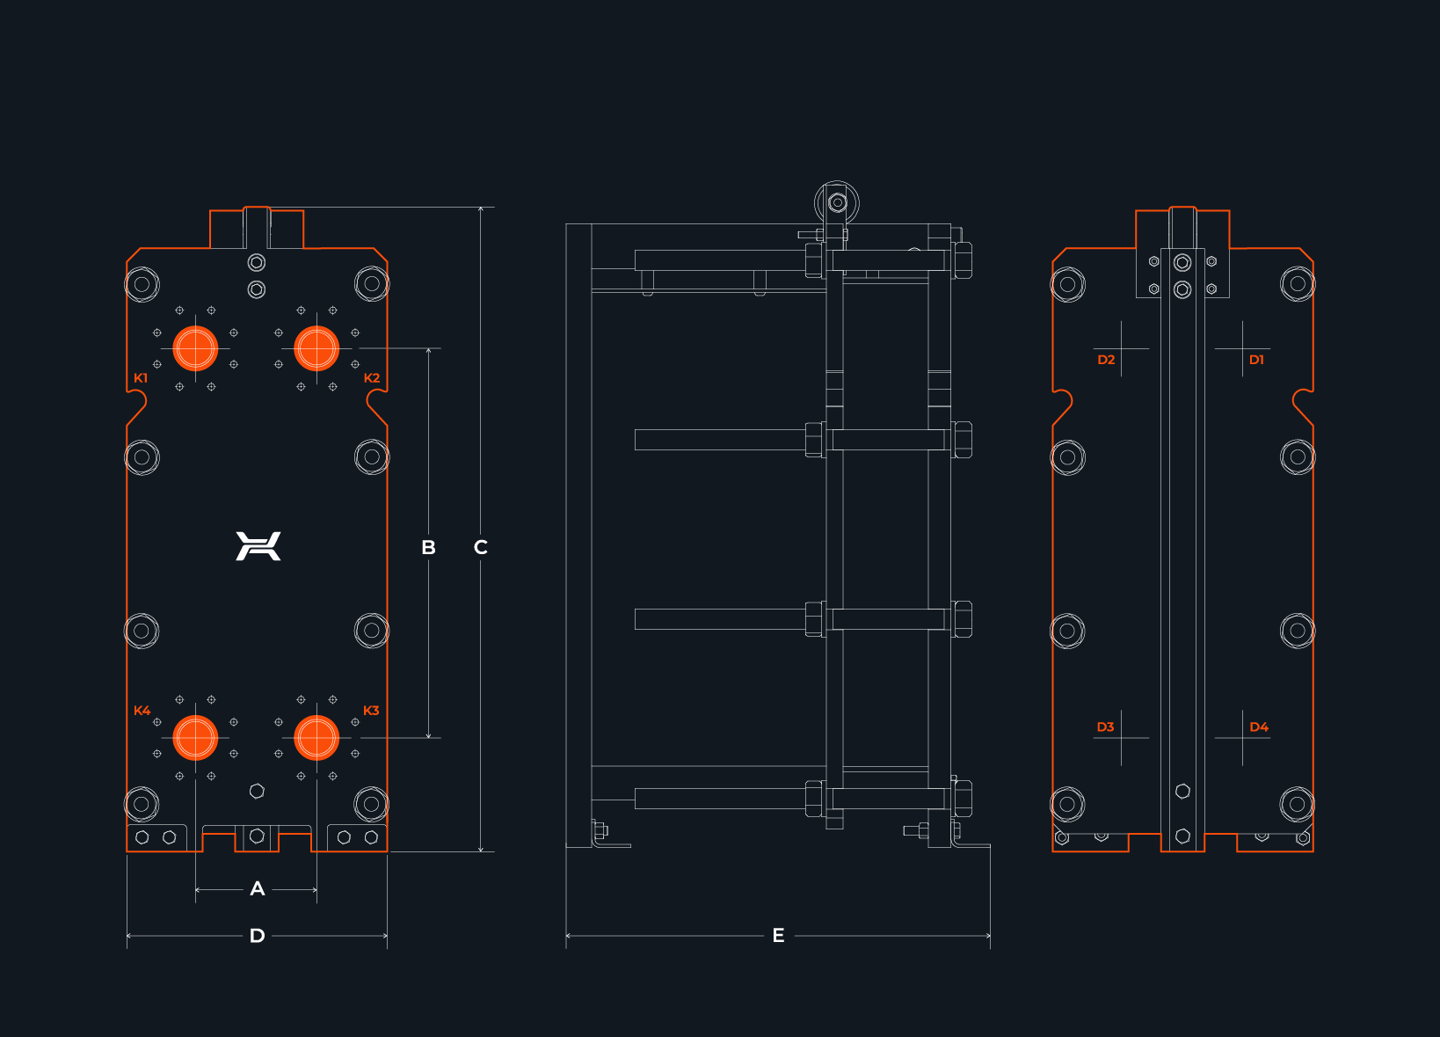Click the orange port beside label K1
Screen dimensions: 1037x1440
click(195, 348)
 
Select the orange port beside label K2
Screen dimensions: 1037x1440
click(316, 348)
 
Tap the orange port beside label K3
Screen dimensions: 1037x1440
click(316, 737)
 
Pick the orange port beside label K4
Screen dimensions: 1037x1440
click(195, 737)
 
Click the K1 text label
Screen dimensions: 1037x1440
click(141, 378)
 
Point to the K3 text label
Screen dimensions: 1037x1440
click(371, 711)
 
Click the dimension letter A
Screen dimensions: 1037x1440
click(258, 889)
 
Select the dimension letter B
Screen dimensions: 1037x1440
click(429, 547)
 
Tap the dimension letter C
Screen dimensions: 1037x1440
click(481, 547)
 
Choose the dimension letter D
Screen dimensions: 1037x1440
click(258, 936)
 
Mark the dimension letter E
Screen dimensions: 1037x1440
click(778, 936)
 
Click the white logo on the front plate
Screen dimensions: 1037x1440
click(258, 546)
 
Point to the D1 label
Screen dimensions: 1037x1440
click(1256, 360)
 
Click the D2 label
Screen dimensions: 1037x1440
click(1106, 360)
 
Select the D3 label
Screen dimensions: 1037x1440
click(1105, 727)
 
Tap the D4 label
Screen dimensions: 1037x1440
click(1259, 727)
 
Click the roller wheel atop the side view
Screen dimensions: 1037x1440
click(838, 203)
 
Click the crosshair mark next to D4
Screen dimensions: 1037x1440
click(1242, 738)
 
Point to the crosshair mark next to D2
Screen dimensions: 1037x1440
click(1121, 348)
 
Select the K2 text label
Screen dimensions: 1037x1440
click(372, 378)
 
